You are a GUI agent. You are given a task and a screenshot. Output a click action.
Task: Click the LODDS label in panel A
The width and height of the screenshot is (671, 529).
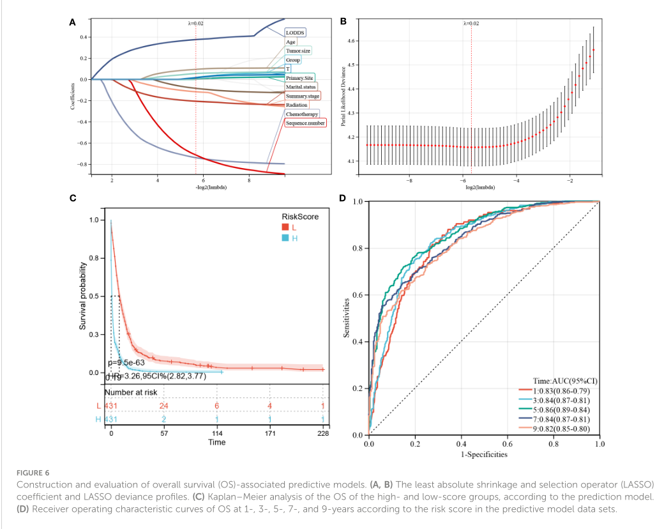[x=295, y=32]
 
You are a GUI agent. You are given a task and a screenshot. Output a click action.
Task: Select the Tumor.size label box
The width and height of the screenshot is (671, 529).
[x=298, y=50]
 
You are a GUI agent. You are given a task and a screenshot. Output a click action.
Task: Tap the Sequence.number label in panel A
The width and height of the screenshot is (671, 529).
[x=305, y=123]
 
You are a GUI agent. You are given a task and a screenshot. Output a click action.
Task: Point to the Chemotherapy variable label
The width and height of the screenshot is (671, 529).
[x=302, y=114]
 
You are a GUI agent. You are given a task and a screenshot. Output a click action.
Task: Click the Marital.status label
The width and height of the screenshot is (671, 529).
[x=301, y=86]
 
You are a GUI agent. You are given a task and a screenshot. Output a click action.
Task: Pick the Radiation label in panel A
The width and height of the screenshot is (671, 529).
[x=297, y=105]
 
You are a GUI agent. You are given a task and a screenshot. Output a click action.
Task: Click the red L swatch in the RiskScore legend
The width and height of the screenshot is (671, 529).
[x=286, y=227]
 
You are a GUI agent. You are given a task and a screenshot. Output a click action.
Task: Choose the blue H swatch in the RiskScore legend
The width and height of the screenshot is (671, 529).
[x=286, y=238]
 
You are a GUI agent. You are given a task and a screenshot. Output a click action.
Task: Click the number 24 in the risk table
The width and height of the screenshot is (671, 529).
[x=163, y=406]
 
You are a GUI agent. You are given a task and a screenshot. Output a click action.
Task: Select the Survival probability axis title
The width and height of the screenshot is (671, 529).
[x=82, y=296]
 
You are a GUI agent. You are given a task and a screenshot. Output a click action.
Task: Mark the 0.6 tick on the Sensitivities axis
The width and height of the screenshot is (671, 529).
[x=358, y=295]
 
